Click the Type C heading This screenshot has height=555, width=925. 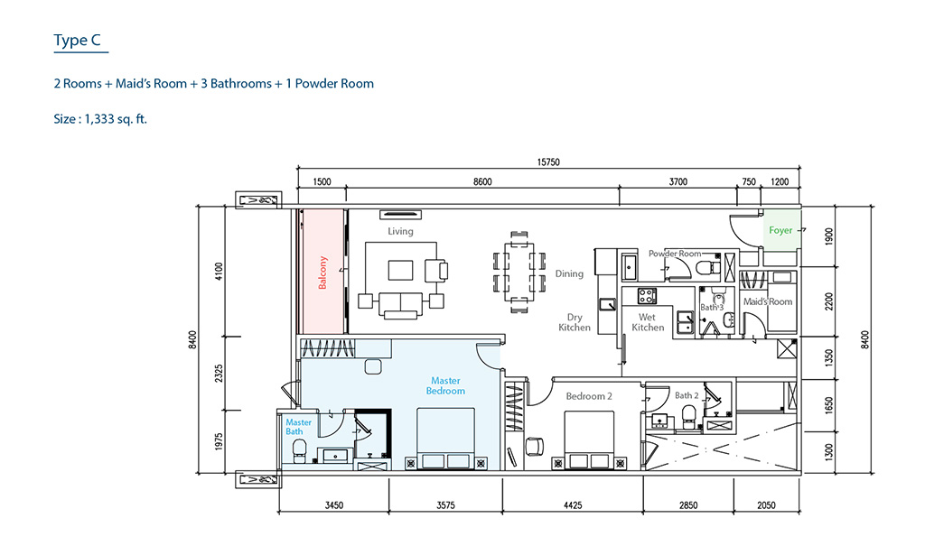78,40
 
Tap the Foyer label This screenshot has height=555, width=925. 780,230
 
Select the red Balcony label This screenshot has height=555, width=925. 322,273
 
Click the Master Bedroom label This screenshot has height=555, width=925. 445,386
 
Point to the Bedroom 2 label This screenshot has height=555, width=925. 589,396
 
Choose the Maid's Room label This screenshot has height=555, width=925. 768,301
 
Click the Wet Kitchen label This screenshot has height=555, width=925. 647,322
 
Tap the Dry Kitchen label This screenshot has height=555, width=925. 574,322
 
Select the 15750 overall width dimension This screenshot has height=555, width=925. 548,162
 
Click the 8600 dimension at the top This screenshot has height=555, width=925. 482,182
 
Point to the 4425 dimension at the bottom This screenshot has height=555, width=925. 572,505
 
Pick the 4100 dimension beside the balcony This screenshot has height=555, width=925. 219,271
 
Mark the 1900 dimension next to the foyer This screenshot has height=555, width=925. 829,236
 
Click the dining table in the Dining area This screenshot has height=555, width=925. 519,273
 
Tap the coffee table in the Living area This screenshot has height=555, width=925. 400,271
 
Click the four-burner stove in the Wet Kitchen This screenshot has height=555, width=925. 647,296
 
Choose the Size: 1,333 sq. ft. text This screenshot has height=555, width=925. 100,119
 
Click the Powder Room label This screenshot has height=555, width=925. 675,254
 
